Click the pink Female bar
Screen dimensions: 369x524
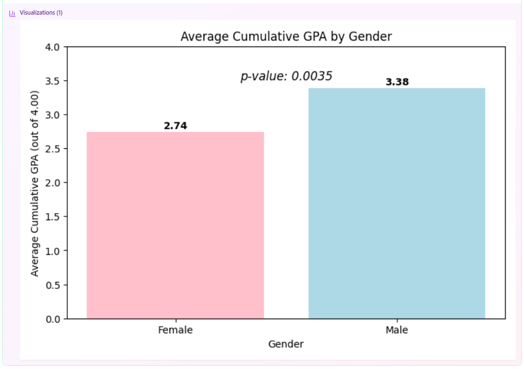pyautogui.click(x=175, y=225)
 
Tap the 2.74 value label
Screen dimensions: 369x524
pyautogui.click(x=175, y=126)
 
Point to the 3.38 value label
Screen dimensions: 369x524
pyautogui.click(x=397, y=82)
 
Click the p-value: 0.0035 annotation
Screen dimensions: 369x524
pyautogui.click(x=286, y=76)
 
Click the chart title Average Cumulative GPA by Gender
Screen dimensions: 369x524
pyautogui.click(x=286, y=36)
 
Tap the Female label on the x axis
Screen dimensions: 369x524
pyautogui.click(x=175, y=330)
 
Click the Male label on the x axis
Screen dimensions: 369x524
pyautogui.click(x=397, y=330)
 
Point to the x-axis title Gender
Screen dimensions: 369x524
pyautogui.click(x=286, y=344)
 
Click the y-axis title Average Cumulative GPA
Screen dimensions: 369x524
pyautogui.click(x=35, y=183)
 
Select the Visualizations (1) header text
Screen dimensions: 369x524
pyautogui.click(x=41, y=12)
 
